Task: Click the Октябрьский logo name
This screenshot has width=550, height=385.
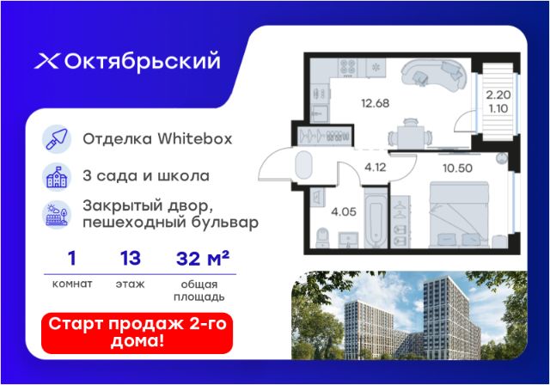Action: click(x=142, y=61)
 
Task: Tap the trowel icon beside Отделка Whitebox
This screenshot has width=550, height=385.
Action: click(x=57, y=139)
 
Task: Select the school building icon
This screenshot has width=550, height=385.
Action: click(x=57, y=177)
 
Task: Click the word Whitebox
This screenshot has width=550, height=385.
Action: click(x=195, y=139)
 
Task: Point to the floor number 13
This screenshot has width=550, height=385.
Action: click(x=131, y=259)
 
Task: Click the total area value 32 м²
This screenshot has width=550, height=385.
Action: click(x=203, y=259)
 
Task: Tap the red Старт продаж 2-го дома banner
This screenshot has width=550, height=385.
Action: click(x=137, y=333)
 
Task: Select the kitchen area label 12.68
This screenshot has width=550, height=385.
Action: click(x=375, y=103)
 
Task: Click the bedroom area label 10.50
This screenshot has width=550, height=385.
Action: click(x=457, y=168)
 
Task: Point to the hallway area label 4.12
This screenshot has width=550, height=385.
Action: click(x=376, y=168)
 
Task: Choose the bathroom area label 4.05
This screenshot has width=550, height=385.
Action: click(x=344, y=211)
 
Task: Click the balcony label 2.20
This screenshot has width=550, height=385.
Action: click(x=498, y=95)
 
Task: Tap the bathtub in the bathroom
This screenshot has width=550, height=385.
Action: click(x=376, y=218)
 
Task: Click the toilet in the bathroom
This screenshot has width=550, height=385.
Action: click(x=322, y=238)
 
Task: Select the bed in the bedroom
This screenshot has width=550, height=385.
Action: click(x=459, y=214)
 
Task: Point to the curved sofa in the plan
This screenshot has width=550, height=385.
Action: click(x=434, y=75)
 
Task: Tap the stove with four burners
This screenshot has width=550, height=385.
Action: click(x=347, y=67)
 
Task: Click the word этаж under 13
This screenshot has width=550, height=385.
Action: click(x=130, y=284)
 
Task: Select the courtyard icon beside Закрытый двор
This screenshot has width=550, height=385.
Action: click(x=57, y=215)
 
